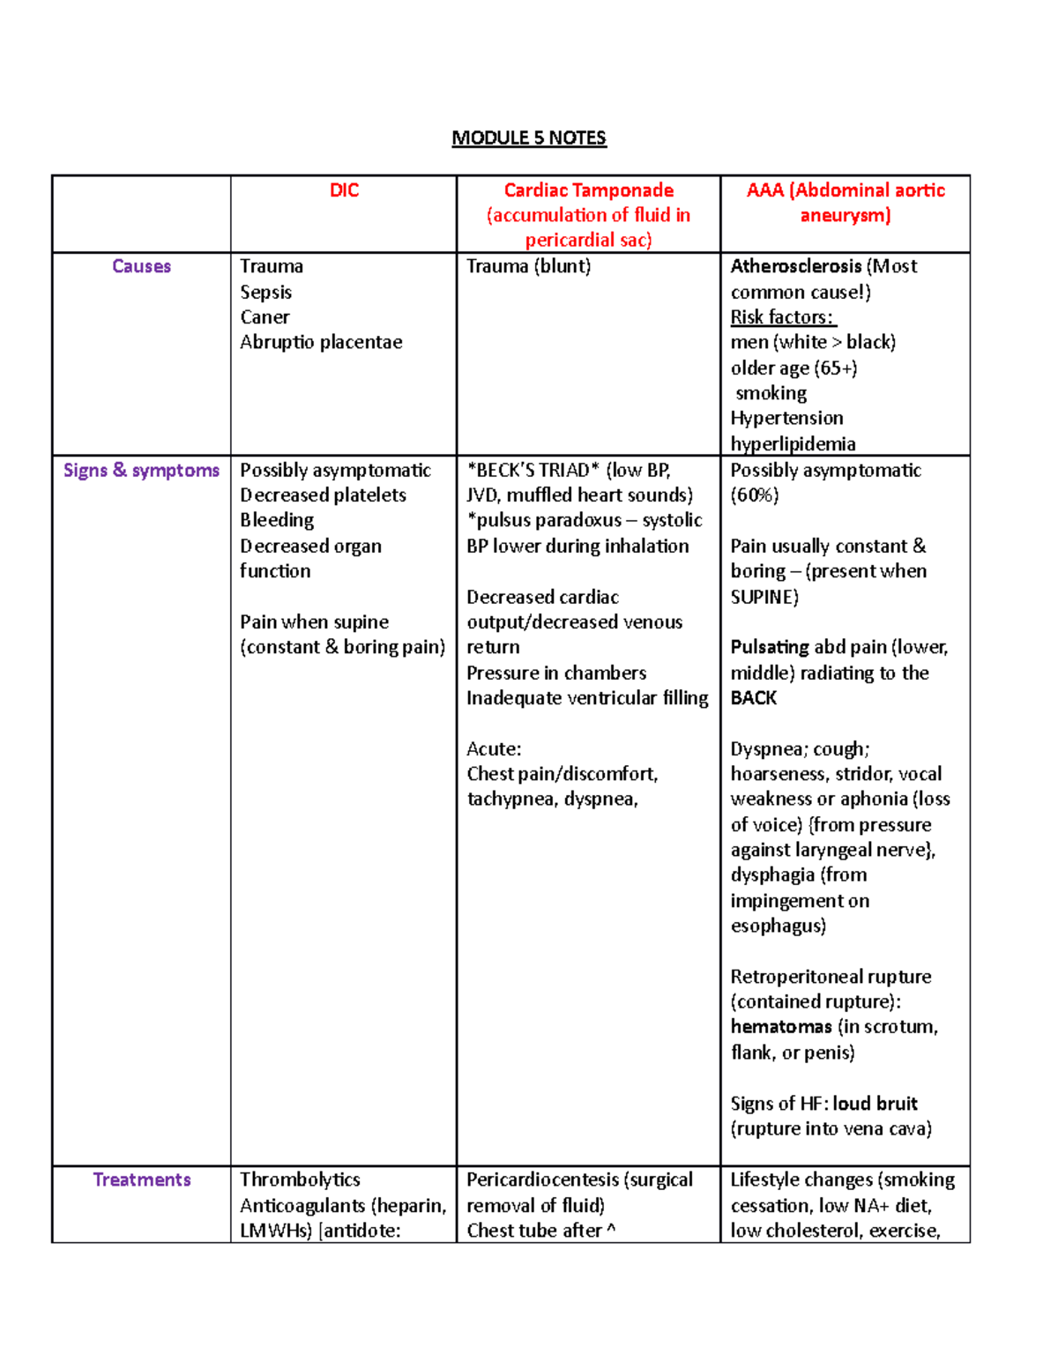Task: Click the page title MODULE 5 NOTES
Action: click(528, 138)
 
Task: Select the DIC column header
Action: click(344, 190)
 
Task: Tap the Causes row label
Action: click(141, 266)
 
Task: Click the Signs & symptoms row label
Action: click(141, 471)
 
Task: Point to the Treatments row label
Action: click(141, 1179)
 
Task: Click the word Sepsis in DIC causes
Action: click(265, 293)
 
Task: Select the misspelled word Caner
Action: click(264, 317)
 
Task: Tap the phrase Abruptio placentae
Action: click(321, 342)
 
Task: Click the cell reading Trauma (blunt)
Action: click(528, 266)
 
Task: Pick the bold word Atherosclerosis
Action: click(795, 266)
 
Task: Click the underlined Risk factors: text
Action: click(782, 317)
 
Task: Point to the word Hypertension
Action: click(786, 418)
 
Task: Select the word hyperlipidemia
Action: click(793, 443)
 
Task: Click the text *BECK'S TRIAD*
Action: click(533, 471)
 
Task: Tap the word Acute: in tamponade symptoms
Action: click(494, 749)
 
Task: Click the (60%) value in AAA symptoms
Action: click(754, 495)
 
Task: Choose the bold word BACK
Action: click(753, 698)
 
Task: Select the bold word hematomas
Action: click(780, 1027)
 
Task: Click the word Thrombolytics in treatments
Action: click(300, 1179)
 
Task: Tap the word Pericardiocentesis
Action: click(542, 1179)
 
